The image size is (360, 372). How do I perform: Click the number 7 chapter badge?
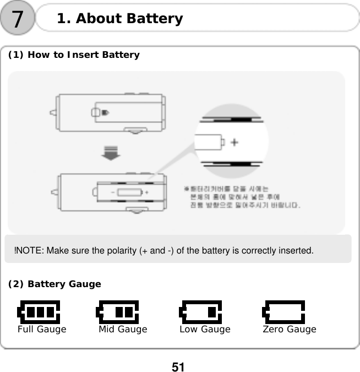click(18, 19)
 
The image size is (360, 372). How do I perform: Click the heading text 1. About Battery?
click(119, 19)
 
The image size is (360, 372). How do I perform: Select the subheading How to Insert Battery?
click(73, 55)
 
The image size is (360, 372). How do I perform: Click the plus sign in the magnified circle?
click(234, 142)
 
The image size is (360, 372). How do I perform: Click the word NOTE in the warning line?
click(30, 251)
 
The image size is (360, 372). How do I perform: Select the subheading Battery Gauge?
click(54, 284)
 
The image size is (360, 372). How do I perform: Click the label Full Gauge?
click(42, 330)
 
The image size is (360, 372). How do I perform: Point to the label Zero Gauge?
click(290, 330)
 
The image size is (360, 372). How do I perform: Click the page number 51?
click(178, 366)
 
